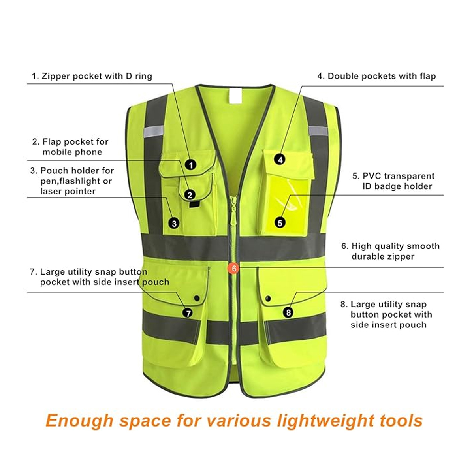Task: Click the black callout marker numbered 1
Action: click(x=191, y=165)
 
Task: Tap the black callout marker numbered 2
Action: click(x=190, y=194)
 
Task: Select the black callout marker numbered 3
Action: click(x=174, y=223)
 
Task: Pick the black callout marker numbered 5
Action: click(x=280, y=223)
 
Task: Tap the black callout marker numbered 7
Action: click(x=188, y=313)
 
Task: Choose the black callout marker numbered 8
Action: click(x=289, y=312)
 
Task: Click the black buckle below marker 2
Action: click(x=194, y=205)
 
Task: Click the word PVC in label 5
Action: click(x=372, y=176)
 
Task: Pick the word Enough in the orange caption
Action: click(x=79, y=420)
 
